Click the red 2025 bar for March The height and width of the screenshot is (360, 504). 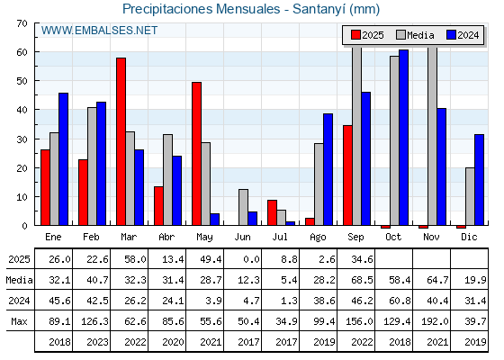tap(121, 141)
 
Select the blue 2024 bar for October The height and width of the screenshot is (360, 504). tap(404, 137)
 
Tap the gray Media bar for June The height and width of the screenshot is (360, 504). tap(243, 207)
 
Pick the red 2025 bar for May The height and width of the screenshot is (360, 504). tap(197, 154)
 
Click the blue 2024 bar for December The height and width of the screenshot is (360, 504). tap(479, 180)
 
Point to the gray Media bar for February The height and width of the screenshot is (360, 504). tap(92, 166)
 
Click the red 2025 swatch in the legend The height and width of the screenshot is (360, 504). tap(355, 35)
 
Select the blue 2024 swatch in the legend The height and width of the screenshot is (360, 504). tap(451, 35)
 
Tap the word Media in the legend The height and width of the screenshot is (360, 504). tap(420, 35)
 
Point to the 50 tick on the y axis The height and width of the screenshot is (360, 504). tap(22, 81)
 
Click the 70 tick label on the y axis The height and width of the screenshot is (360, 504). tap(22, 23)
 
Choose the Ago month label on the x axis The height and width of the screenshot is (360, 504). tap(318, 238)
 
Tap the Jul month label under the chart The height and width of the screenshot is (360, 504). tap(280, 237)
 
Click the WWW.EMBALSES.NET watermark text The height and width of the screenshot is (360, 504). tap(99, 31)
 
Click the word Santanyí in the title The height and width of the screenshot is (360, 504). tap(319, 9)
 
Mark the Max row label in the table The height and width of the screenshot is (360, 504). tap(19, 321)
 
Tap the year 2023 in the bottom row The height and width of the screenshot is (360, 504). tap(97, 342)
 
